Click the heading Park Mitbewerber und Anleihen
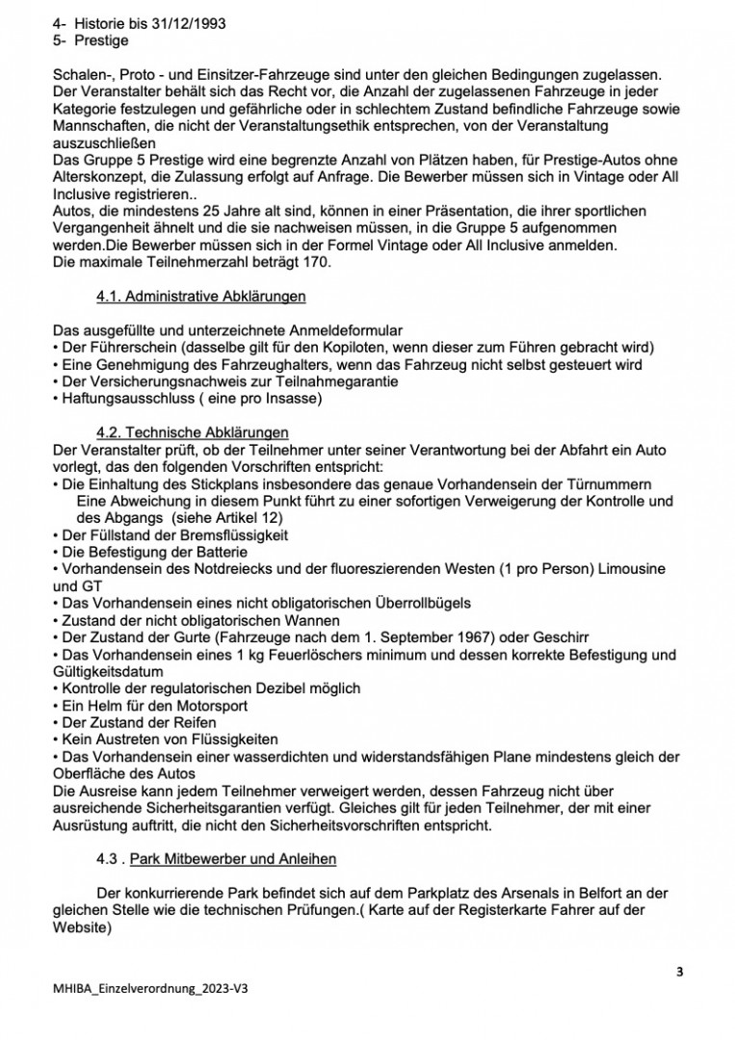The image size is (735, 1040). [x=233, y=859]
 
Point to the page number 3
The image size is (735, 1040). [x=680, y=972]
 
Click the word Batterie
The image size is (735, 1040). [x=221, y=553]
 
